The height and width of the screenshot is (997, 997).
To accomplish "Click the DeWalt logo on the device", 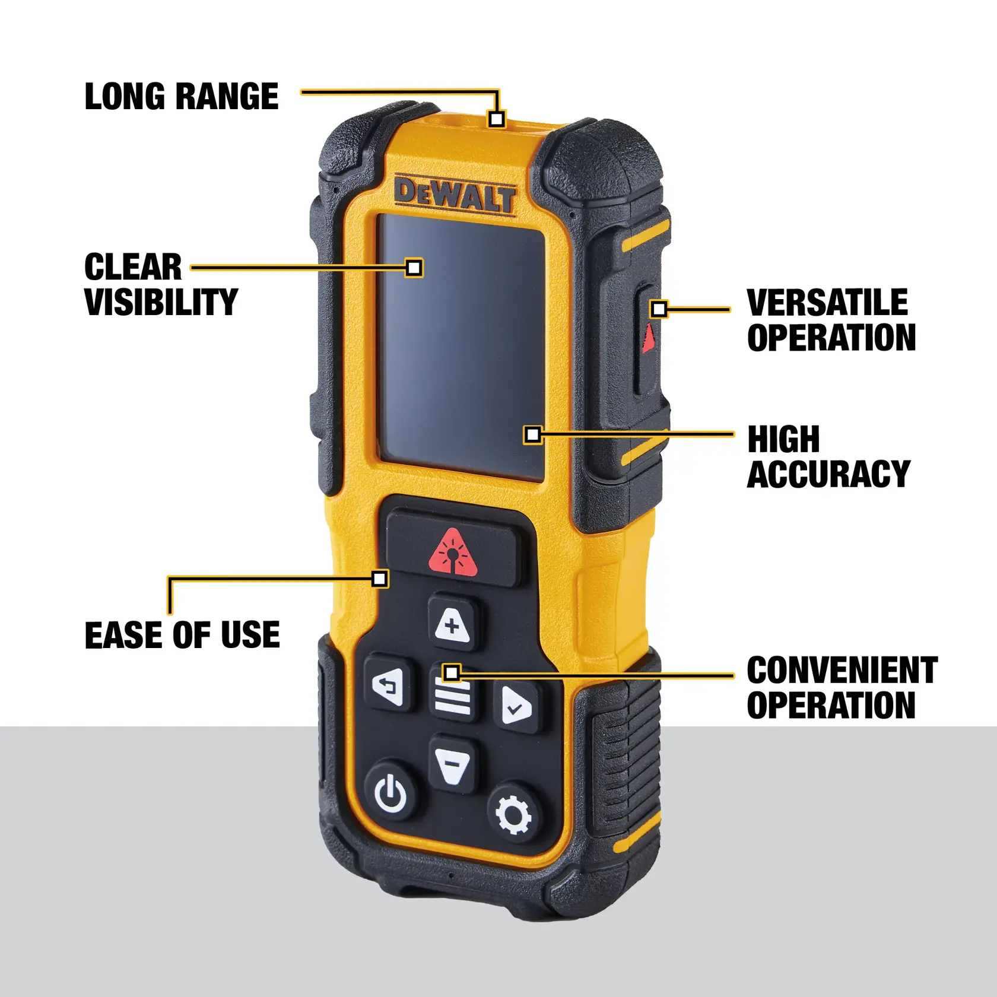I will [x=455, y=195].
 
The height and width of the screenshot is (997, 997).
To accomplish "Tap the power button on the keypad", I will [x=391, y=792].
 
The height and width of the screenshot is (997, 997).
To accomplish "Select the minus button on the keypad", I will [x=452, y=764].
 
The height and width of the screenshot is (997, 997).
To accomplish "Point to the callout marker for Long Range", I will [x=497, y=119].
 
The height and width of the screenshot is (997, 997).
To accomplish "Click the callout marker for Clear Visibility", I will [x=414, y=268].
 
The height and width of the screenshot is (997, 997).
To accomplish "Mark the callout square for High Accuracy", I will [x=533, y=435].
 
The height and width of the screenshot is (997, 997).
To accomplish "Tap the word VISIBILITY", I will [x=161, y=302].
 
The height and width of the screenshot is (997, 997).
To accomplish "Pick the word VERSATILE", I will [x=827, y=303].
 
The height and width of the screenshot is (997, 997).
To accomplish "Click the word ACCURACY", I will [x=828, y=474].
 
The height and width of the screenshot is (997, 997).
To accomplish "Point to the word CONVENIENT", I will [x=842, y=671].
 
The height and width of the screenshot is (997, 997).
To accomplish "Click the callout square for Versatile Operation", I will [x=659, y=309].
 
